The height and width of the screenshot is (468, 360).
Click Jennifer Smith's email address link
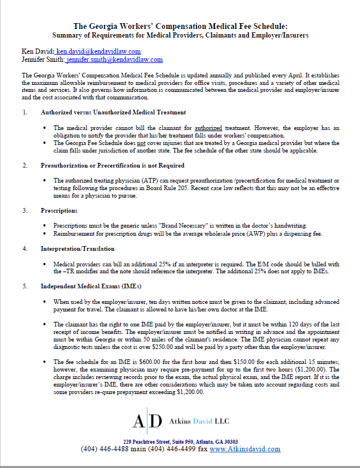click(x=114, y=60)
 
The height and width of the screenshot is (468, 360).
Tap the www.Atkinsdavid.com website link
click(x=245, y=449)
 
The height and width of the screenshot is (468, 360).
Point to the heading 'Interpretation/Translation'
click(x=77, y=248)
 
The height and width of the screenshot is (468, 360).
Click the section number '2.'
click(x=25, y=166)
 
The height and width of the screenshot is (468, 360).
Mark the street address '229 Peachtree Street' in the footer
click(x=152, y=441)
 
